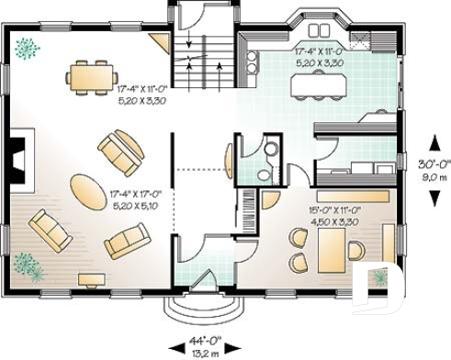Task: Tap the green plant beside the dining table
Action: [28, 45]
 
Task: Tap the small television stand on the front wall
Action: [91, 278]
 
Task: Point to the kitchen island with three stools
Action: [318, 84]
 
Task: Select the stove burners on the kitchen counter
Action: [252, 61]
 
